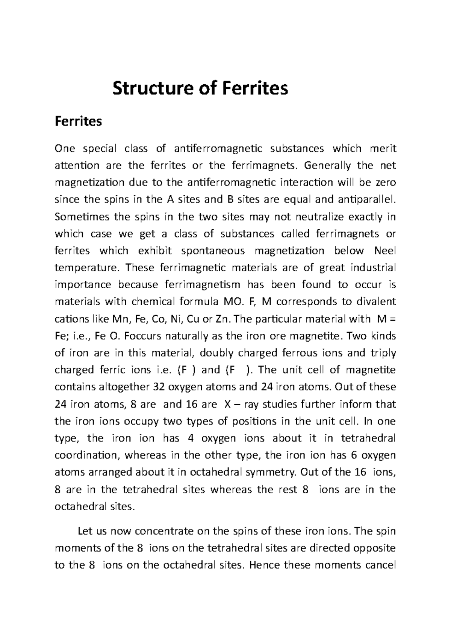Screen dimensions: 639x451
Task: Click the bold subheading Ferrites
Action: pyautogui.click(x=78, y=122)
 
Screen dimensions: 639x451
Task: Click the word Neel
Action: pyautogui.click(x=385, y=251)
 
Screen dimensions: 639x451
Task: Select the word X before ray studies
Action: pyautogui.click(x=227, y=405)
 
